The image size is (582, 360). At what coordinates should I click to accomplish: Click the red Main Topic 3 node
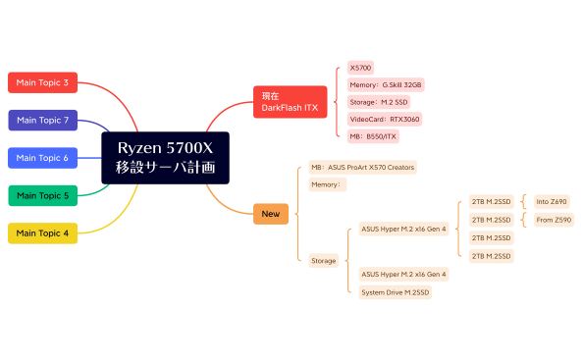(x=42, y=82)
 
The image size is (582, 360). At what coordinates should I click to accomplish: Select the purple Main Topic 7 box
(x=42, y=120)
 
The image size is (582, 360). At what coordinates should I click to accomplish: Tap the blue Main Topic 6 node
(x=42, y=157)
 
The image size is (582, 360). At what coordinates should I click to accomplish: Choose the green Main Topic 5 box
(x=42, y=195)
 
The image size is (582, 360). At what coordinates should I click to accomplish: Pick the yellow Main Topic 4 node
(x=42, y=232)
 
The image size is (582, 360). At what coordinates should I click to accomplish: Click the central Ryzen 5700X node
(x=165, y=157)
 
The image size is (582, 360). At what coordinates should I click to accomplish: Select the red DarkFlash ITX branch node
(x=290, y=101)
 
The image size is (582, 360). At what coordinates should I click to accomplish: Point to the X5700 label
(x=360, y=68)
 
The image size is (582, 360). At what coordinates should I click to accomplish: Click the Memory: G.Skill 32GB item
(x=386, y=85)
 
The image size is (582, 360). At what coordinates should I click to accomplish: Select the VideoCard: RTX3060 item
(x=385, y=119)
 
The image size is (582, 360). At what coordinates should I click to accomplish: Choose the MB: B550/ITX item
(x=374, y=136)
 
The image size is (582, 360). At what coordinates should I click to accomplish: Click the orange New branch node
(x=269, y=213)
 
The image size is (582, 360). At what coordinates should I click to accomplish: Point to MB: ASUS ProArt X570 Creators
(x=362, y=167)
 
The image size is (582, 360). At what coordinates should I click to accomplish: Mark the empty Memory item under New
(x=327, y=184)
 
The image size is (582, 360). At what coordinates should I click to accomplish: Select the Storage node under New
(x=323, y=260)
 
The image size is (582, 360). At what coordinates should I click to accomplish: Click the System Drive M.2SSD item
(x=395, y=292)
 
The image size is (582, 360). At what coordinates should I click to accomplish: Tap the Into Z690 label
(x=551, y=202)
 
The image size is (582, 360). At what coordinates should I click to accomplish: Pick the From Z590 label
(x=553, y=220)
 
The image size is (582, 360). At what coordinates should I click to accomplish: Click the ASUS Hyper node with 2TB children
(x=403, y=229)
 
